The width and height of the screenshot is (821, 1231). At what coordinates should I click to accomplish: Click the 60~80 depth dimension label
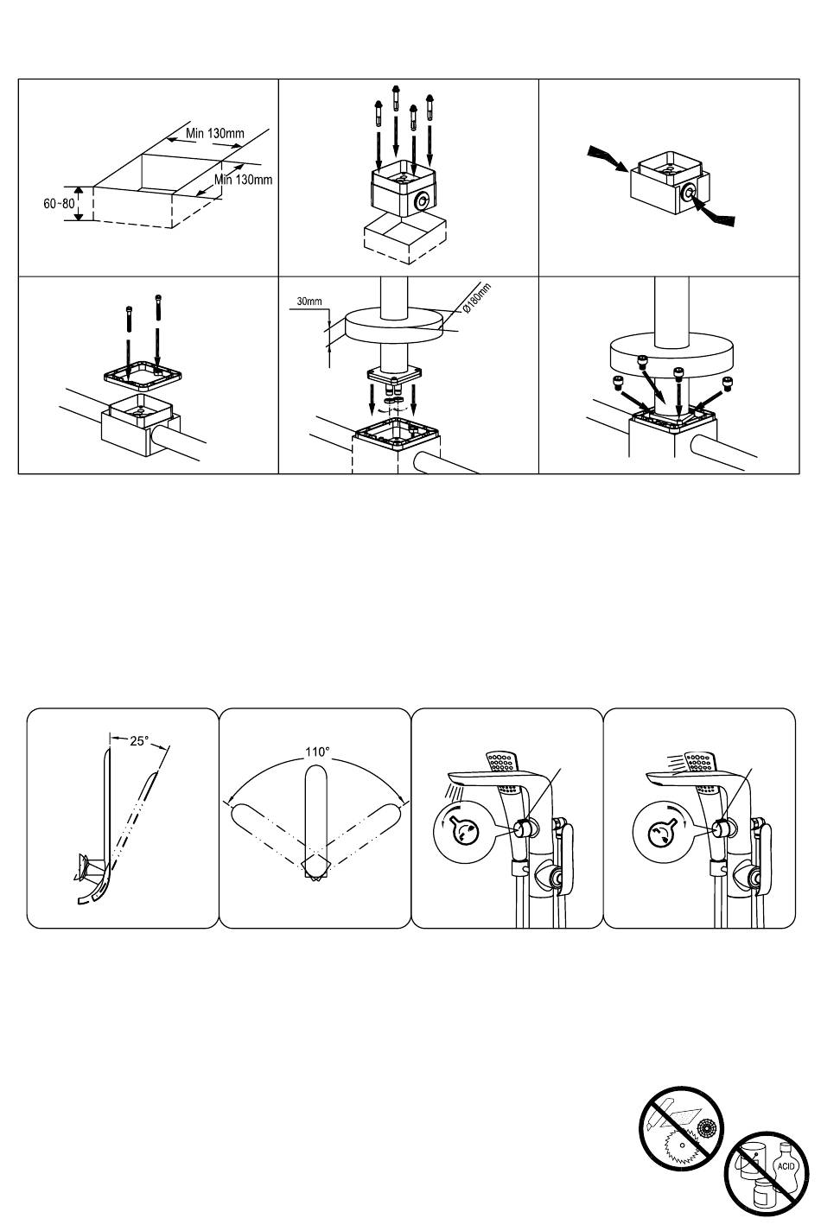click(x=59, y=203)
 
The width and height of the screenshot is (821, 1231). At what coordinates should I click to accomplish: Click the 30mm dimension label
click(x=309, y=301)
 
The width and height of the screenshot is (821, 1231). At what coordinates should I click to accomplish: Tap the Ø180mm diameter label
click(x=476, y=298)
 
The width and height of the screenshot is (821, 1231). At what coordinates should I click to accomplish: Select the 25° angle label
click(x=140, y=741)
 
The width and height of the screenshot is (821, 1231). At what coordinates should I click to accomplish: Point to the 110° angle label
click(x=317, y=752)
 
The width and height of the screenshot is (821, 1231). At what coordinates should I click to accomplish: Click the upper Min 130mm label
click(x=214, y=133)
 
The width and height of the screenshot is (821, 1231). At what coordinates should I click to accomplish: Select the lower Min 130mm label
click(x=243, y=179)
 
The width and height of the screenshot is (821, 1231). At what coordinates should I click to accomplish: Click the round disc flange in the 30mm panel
click(x=395, y=327)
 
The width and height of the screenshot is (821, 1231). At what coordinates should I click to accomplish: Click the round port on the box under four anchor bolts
click(x=423, y=200)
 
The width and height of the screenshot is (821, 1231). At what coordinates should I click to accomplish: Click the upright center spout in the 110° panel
click(x=315, y=815)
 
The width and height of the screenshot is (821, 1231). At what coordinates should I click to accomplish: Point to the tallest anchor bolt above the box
click(x=396, y=118)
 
